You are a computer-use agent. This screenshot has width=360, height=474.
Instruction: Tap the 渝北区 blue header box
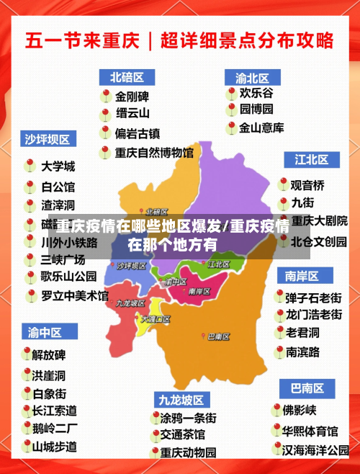[x=251, y=76]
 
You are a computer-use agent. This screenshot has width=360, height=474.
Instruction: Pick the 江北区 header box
[x=311, y=158]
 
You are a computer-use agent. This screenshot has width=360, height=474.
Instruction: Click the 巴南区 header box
[x=305, y=389]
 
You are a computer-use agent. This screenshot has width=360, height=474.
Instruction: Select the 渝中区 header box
[x=44, y=332]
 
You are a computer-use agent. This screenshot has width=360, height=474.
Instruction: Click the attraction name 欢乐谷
[x=256, y=93]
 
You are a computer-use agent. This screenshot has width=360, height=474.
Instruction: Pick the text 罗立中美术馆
[x=74, y=295]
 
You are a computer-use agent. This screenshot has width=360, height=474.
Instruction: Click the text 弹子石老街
[x=313, y=297]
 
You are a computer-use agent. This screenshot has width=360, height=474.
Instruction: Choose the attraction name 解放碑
[x=49, y=355]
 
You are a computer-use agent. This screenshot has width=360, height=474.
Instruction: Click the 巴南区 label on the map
[x=218, y=336]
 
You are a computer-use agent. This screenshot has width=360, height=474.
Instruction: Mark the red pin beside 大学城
[x=30, y=165]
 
